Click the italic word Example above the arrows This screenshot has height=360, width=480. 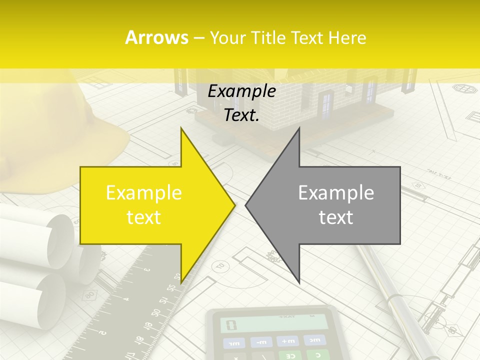[x=241, y=91]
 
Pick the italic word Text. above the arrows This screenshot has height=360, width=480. [x=241, y=115]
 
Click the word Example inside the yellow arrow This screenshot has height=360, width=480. [x=143, y=193]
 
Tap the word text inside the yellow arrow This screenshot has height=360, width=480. [x=143, y=217]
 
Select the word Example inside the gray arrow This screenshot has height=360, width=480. [x=336, y=193]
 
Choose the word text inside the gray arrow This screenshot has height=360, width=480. [x=336, y=217]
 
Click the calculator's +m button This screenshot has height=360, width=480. [x=288, y=341]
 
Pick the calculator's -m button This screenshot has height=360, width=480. [x=261, y=342]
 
